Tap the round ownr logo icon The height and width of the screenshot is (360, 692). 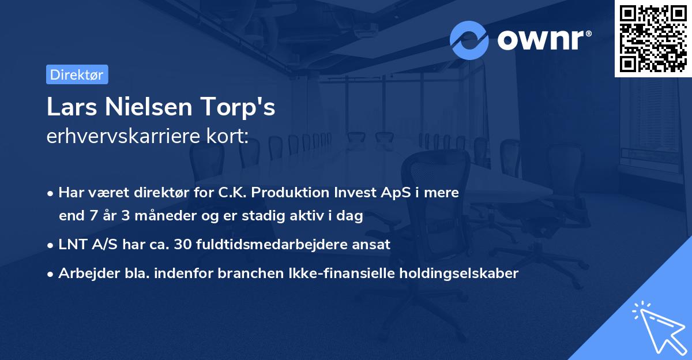(x=469, y=40)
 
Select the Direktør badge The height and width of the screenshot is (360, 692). (x=77, y=74)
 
